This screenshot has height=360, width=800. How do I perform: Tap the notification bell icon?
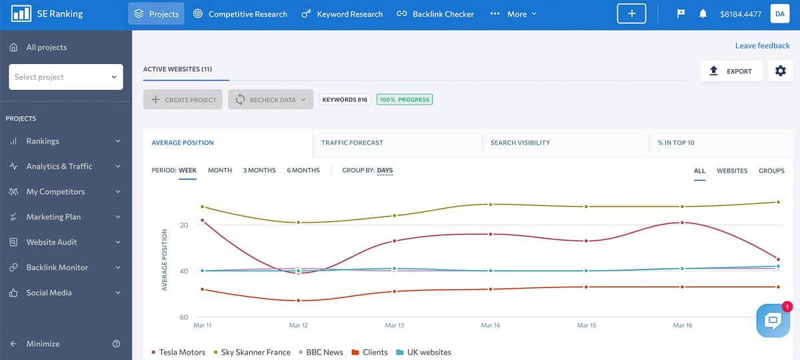click(x=703, y=14)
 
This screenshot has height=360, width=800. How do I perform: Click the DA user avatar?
click(x=780, y=14)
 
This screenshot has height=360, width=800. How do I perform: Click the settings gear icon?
click(x=781, y=71)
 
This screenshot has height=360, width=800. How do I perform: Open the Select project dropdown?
click(x=65, y=77)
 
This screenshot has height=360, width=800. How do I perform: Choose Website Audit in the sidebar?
click(x=51, y=242)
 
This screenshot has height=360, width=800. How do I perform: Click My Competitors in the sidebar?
click(x=55, y=191)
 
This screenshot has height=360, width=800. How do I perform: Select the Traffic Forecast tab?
click(x=352, y=143)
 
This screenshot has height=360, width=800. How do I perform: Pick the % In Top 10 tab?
click(x=675, y=143)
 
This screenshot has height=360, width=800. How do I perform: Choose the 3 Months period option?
click(x=259, y=171)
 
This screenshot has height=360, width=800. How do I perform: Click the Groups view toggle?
click(x=771, y=171)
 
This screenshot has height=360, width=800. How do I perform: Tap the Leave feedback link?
click(x=762, y=46)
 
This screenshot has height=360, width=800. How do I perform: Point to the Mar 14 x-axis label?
click(x=491, y=325)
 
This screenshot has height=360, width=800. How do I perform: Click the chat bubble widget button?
click(x=773, y=321)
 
